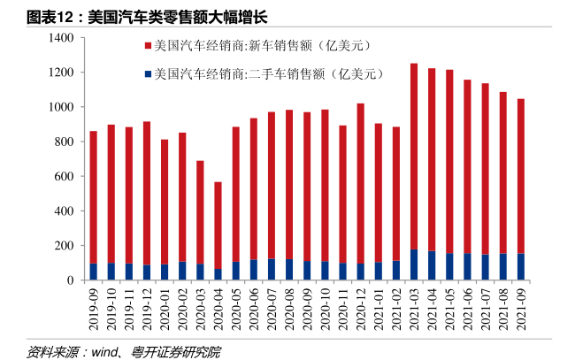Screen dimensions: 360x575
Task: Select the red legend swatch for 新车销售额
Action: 147,45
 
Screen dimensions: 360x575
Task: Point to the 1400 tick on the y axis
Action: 62,38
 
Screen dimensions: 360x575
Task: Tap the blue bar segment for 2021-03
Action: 414,264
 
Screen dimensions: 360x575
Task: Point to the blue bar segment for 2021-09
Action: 521,266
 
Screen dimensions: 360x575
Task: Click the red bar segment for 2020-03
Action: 200,211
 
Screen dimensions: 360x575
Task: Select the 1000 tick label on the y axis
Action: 62,107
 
